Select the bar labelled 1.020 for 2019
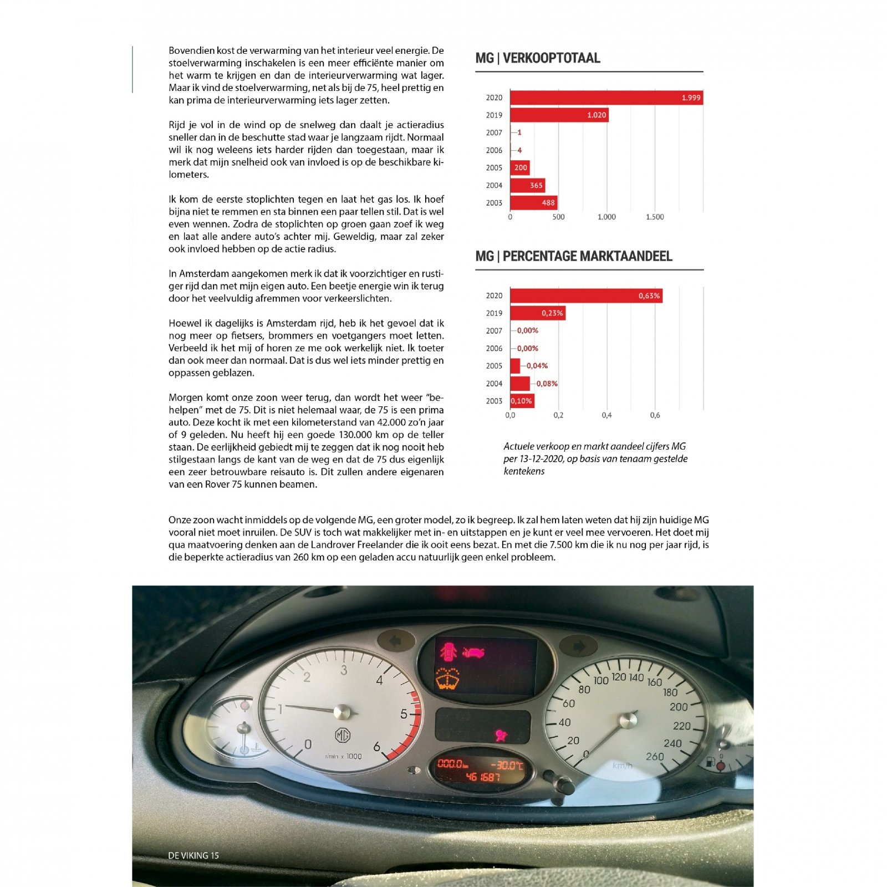tap(559, 115)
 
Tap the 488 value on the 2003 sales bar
tap(548, 203)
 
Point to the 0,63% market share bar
tap(586, 296)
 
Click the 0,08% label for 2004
tap(547, 384)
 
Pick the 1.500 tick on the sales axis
tap(655, 217)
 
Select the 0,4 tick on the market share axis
tap(606, 415)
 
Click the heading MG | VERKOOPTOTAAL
tap(538, 58)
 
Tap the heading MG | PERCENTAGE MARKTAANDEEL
tap(574, 256)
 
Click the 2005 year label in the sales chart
tap(494, 168)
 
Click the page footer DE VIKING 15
tap(193, 855)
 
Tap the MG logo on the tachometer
tap(343, 736)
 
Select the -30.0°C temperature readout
tap(507, 765)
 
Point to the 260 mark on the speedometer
tap(655, 756)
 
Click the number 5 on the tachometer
tap(404, 714)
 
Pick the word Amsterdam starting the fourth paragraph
tap(205, 274)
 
